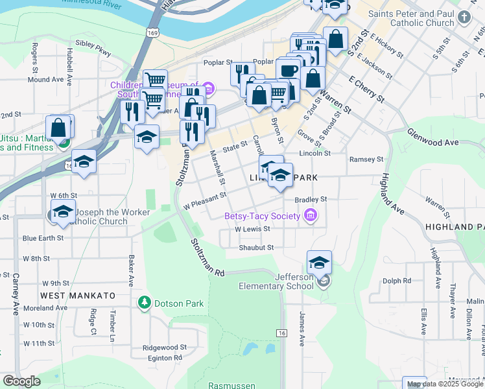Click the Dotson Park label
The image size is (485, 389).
tap(179, 303)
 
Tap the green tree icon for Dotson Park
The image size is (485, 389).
tap(144, 303)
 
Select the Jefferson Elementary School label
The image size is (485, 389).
tap(276, 281)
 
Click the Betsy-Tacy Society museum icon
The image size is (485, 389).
tap(310, 216)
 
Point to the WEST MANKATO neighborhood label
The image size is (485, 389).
tap(78, 296)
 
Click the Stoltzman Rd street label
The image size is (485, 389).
tap(207, 259)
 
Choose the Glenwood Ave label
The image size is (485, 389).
tap(432, 137)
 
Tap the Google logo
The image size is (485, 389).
tap(21, 381)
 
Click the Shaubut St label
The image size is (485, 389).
tap(256, 248)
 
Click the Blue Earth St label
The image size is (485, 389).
tap(43, 238)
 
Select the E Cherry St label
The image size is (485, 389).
tap(366, 89)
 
